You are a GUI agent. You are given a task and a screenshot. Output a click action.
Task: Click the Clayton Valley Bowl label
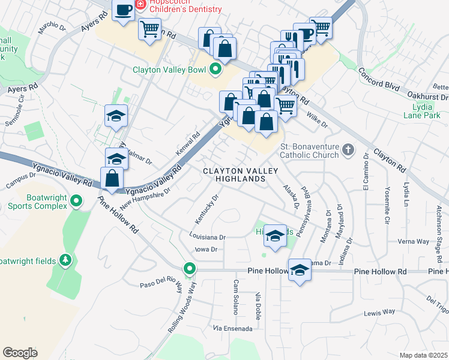click(169, 69)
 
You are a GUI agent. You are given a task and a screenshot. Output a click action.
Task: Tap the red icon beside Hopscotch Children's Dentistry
click(140, 5)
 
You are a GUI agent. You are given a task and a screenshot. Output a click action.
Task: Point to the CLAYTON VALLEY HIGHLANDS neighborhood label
click(240, 175)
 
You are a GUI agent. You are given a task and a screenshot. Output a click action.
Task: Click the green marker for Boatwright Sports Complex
click(76, 201)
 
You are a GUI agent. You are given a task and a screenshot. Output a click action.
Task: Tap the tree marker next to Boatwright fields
click(65, 260)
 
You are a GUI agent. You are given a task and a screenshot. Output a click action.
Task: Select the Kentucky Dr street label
click(206, 206)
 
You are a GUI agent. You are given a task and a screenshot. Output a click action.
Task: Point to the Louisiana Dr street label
click(206, 237)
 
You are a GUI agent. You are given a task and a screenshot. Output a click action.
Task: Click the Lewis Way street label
click(379, 311)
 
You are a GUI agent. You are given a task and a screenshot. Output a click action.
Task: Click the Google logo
click(20, 352)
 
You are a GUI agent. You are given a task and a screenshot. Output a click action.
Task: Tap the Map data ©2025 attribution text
click(423, 355)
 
